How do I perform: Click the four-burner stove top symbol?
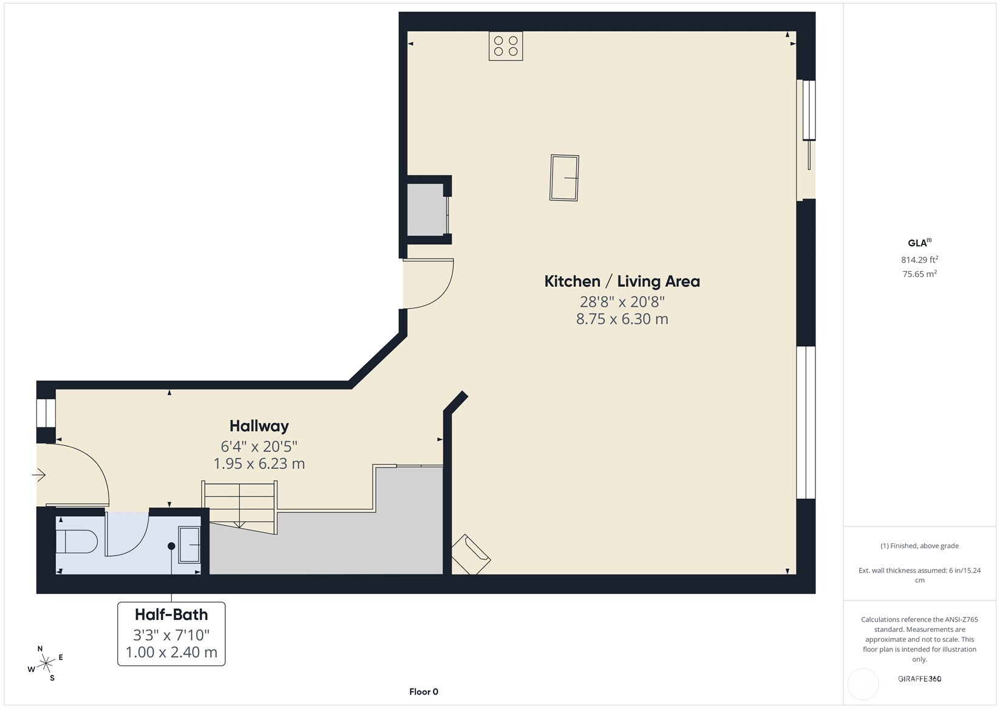[505, 46]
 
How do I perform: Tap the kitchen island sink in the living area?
[564, 178]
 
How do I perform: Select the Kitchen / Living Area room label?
[622, 281]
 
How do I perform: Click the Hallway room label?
[259, 426]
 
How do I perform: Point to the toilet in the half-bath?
[77, 541]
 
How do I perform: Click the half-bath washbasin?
[189, 545]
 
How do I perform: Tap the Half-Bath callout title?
[171, 614]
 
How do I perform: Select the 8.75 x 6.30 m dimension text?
[622, 319]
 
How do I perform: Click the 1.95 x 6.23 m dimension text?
[259, 464]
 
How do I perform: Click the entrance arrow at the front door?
[39, 475]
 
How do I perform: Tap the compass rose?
[46, 663]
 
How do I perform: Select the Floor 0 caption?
[424, 692]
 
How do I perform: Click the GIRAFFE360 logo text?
[920, 678]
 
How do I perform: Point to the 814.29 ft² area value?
[920, 259]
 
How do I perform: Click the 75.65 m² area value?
[920, 273]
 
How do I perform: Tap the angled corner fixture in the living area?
[471, 555]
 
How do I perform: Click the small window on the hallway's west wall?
[46, 413]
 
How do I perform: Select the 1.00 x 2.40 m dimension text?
[171, 652]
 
